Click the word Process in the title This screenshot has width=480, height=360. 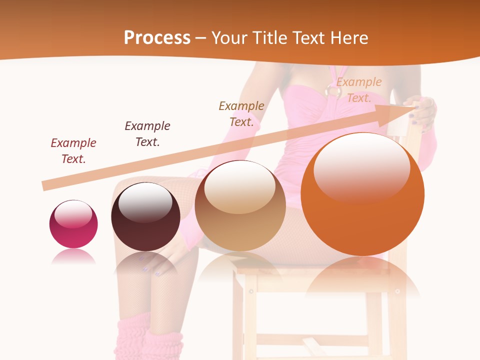pos(157,37)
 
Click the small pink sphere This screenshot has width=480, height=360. pos(73,224)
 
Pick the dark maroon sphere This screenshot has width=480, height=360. pos(145,217)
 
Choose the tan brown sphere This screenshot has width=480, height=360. pos(240,206)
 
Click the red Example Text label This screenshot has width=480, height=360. pos(73,150)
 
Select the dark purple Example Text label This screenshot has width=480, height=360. pos(147,133)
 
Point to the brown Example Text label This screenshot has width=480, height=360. pos(241,113)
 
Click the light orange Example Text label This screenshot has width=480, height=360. pos(359,90)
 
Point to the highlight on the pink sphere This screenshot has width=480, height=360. pos(73,214)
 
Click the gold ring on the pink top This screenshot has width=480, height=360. pos(332,90)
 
